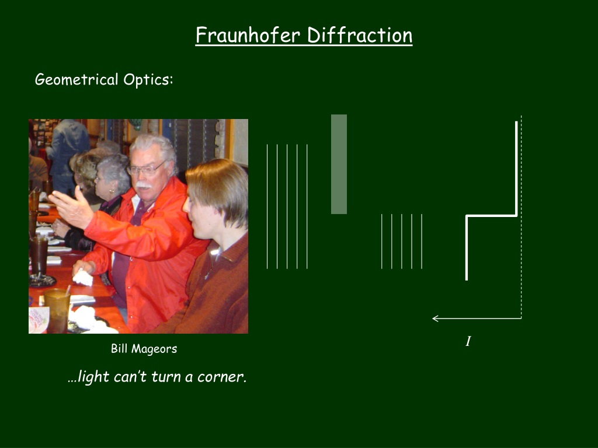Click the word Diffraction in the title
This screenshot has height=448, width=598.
coord(360,35)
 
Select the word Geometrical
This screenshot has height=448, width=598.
coord(77,79)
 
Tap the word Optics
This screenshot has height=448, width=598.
coord(148,79)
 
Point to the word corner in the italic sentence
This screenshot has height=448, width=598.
coord(221,377)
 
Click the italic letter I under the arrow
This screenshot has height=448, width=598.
coord(468,341)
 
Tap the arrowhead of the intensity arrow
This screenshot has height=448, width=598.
coord(435,318)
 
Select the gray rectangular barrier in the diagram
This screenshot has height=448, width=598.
coord(339,164)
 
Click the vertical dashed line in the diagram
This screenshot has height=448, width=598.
coord(521,217)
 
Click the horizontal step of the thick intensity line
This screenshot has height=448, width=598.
coord(492,216)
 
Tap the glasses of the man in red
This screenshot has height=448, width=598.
coord(147,169)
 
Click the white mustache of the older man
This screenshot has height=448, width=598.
coord(144,185)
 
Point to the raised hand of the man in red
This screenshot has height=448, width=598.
coord(72,208)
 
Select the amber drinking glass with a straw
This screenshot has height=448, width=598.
coord(57,310)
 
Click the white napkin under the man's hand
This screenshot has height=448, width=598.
coord(83,278)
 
